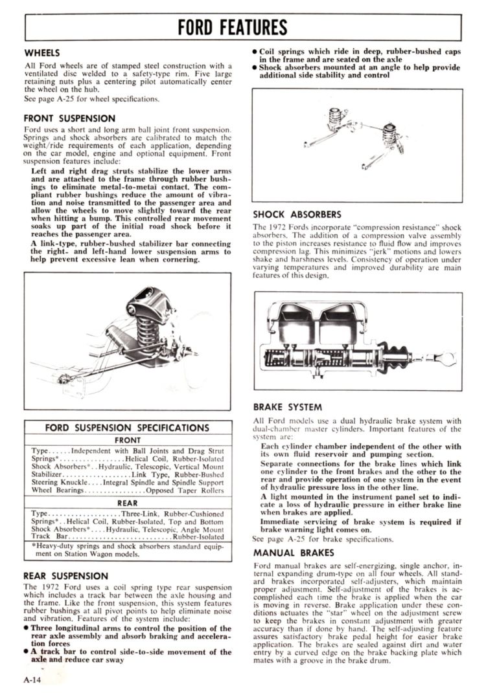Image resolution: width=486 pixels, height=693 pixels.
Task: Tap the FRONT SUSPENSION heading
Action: coord(69,118)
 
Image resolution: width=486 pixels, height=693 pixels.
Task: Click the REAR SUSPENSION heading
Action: coord(65,575)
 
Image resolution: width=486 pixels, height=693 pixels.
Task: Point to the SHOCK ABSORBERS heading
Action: coord(297,215)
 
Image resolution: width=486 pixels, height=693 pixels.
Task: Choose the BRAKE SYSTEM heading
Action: coord(287,407)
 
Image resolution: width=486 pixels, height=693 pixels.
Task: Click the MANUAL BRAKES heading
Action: coord(294,553)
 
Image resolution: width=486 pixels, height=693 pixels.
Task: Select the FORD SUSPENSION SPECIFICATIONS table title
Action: coord(127,428)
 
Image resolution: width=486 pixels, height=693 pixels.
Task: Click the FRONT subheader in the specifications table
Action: coord(127,439)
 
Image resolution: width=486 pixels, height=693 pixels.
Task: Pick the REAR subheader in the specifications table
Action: coord(127,502)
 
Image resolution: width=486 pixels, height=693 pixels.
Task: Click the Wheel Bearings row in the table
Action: coord(127,491)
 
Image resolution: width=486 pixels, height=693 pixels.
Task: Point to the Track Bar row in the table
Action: coord(127,537)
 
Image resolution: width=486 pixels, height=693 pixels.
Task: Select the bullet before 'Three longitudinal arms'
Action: coord(26,628)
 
